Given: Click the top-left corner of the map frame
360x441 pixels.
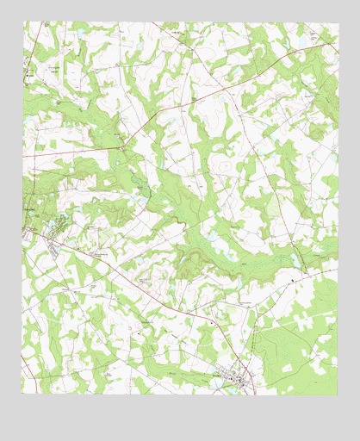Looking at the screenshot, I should (23, 22).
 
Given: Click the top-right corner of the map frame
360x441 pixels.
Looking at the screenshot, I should (338, 22).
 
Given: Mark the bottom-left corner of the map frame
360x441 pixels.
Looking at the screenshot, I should (23, 394).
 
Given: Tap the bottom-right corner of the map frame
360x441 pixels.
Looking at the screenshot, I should (338, 394).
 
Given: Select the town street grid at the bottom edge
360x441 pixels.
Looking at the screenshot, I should (233, 376).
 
